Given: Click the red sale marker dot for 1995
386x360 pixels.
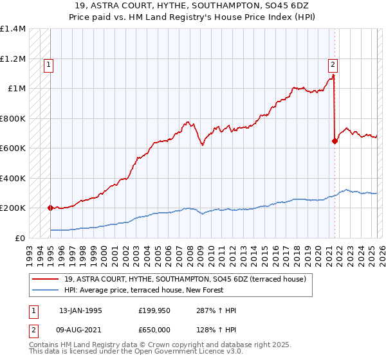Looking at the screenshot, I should point(50,208).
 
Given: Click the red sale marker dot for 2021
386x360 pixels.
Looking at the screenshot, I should point(335,141).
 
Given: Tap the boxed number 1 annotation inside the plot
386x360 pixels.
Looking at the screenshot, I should point(50,64).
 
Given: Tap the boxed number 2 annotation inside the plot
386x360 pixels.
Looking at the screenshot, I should point(333,64).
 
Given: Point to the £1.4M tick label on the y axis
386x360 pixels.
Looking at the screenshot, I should point(13,29).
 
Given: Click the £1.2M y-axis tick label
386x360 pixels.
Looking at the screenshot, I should point(13,59).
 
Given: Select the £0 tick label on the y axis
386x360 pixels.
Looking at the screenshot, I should point(21,238).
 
